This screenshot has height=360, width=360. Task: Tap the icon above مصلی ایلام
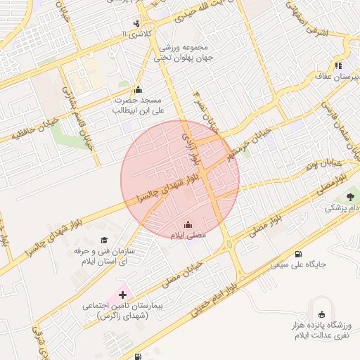coord(186,225)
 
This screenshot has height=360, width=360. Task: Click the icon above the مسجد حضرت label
coord(138,89)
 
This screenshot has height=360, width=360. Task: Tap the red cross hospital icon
coord(123,294)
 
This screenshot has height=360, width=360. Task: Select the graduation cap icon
coord(104,240)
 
